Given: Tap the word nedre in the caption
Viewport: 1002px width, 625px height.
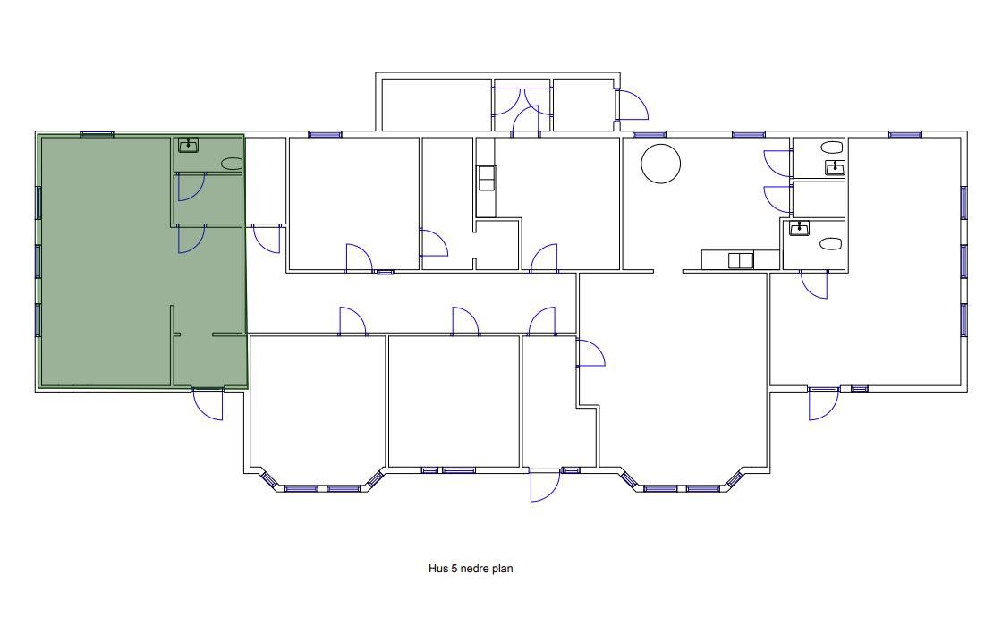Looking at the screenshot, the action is pos(473,568).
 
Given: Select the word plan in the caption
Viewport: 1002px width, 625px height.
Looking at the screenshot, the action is pos(502,569).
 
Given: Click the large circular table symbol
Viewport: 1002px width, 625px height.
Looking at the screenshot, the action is pos(661,164).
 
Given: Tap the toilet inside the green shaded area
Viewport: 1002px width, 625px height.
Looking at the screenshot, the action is pos(232,164).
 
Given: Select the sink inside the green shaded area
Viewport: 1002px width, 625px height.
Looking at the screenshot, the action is pos(188,145).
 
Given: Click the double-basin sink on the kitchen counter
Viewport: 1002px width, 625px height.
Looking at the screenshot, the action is pos(741,260).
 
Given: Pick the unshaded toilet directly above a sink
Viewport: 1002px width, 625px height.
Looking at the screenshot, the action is pos(832,148).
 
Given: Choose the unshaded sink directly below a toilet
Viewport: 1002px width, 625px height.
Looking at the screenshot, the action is pos(835,168).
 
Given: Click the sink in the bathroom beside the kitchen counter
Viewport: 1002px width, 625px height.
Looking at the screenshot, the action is pos(800,228).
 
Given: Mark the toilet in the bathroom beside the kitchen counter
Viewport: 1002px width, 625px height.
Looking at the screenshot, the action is pos(831,243).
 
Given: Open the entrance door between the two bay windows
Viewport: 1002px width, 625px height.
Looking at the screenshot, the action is pos(545,486).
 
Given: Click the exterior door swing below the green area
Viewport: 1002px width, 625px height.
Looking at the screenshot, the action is pos(208,404).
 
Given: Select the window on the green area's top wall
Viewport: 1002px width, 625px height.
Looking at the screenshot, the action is pos(98,134).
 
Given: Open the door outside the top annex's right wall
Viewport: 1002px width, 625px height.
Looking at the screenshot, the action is pos(633,106).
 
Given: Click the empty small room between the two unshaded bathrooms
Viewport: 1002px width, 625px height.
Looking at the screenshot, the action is pos(819,199).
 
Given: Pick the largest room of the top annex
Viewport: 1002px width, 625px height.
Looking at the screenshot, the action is pos(437,105).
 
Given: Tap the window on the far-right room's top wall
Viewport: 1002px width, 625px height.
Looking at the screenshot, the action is pos(905,135).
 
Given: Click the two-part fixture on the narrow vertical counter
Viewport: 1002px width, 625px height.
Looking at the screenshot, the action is pos(486,177).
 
